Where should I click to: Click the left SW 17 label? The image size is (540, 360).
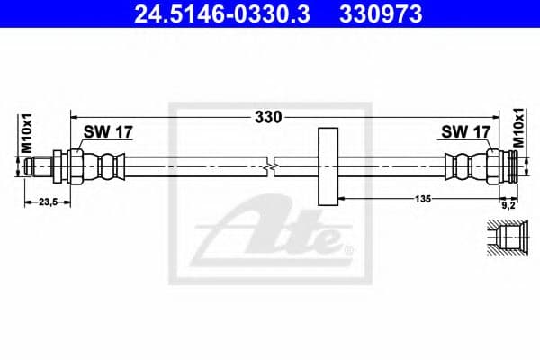point(108,132)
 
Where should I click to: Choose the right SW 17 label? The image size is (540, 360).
point(465,132)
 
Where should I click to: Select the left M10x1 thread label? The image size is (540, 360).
point(26,133)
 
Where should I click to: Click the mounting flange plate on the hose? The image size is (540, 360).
point(328,166)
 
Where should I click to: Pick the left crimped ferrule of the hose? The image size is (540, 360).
point(107,166)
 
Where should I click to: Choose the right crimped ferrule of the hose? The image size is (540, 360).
point(462,166)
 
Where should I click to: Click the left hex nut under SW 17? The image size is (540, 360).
point(75,166)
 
